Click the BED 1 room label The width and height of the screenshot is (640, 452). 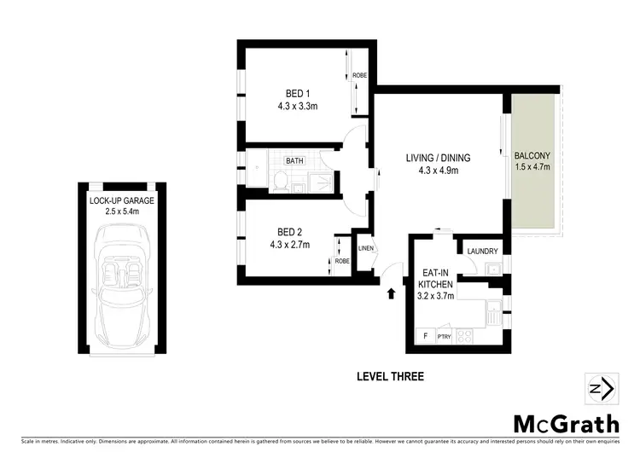coord(297,94)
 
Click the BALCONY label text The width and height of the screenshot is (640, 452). coord(532,155)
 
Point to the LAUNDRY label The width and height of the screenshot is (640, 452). coord(482,251)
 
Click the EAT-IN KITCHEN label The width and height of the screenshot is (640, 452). coord(436,281)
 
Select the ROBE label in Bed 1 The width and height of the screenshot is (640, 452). coord(359,76)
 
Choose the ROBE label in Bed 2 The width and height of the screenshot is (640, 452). coord(342,261)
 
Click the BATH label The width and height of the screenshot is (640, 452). coord(294,160)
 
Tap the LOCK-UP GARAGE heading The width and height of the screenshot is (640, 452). coord(121,201)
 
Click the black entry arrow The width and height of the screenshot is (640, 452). coord(392,295)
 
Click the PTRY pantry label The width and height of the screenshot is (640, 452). coord(444,337)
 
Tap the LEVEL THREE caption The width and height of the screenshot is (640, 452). coord(388,376)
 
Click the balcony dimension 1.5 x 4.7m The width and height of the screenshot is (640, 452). coord(532,167)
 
